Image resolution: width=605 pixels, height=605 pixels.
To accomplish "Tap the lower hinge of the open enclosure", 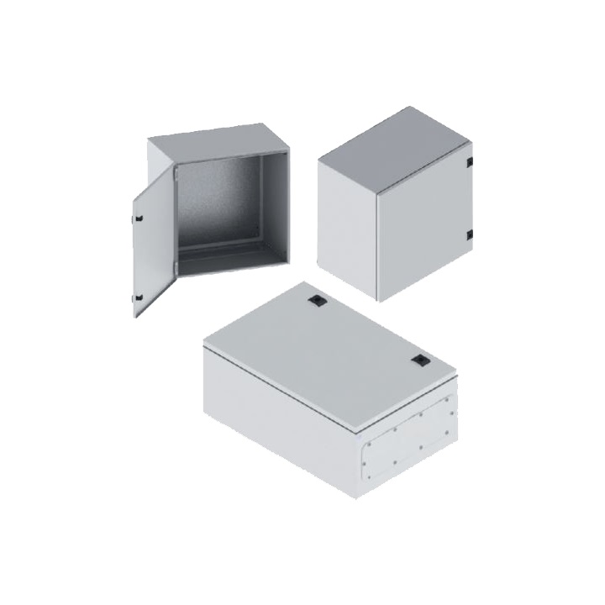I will [175, 269].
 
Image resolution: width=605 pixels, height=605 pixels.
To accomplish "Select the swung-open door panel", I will [151, 252].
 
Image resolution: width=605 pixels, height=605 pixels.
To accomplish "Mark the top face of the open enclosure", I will [214, 139].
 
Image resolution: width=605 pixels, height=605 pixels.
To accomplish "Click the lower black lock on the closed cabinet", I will [471, 234].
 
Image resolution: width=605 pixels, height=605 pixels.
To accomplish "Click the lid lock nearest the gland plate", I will [418, 360].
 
